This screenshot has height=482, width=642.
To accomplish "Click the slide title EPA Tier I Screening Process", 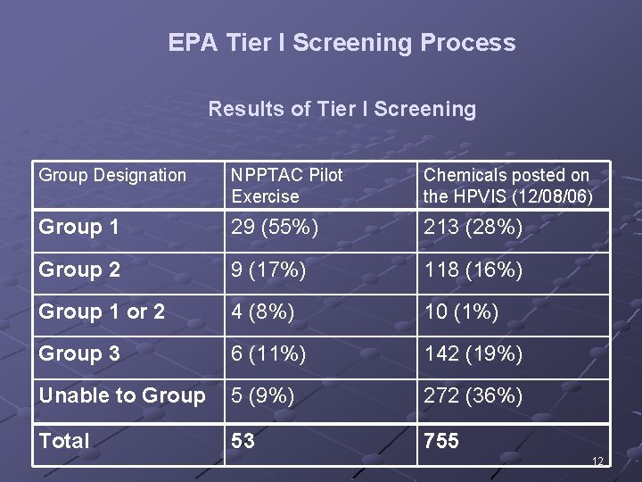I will (x=342, y=43).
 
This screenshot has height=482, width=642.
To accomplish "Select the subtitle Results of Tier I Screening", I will (x=342, y=109).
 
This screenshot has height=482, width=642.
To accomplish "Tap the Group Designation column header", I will (x=112, y=176).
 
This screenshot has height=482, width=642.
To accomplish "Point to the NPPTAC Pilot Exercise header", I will (x=286, y=186).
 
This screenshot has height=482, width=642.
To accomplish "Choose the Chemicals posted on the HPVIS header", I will (x=508, y=186).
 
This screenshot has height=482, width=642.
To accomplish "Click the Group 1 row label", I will (x=78, y=228).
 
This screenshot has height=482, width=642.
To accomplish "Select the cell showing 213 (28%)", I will (x=473, y=228).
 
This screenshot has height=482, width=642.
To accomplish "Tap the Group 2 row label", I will (x=78, y=270).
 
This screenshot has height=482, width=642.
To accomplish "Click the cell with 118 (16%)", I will (x=473, y=270).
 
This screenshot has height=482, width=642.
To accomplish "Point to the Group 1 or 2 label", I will (x=102, y=312).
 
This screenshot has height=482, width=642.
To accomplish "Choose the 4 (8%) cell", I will (x=262, y=312).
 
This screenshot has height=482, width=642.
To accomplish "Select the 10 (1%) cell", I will (x=461, y=312).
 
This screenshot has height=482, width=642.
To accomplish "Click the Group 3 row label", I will (x=78, y=353).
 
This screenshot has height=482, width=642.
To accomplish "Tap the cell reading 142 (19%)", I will (x=473, y=353).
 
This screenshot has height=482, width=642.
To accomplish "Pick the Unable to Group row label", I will (x=122, y=395).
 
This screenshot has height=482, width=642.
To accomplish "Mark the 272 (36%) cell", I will (x=473, y=395).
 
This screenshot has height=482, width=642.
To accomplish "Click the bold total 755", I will (x=441, y=440).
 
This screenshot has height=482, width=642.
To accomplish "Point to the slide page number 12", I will (x=597, y=461).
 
